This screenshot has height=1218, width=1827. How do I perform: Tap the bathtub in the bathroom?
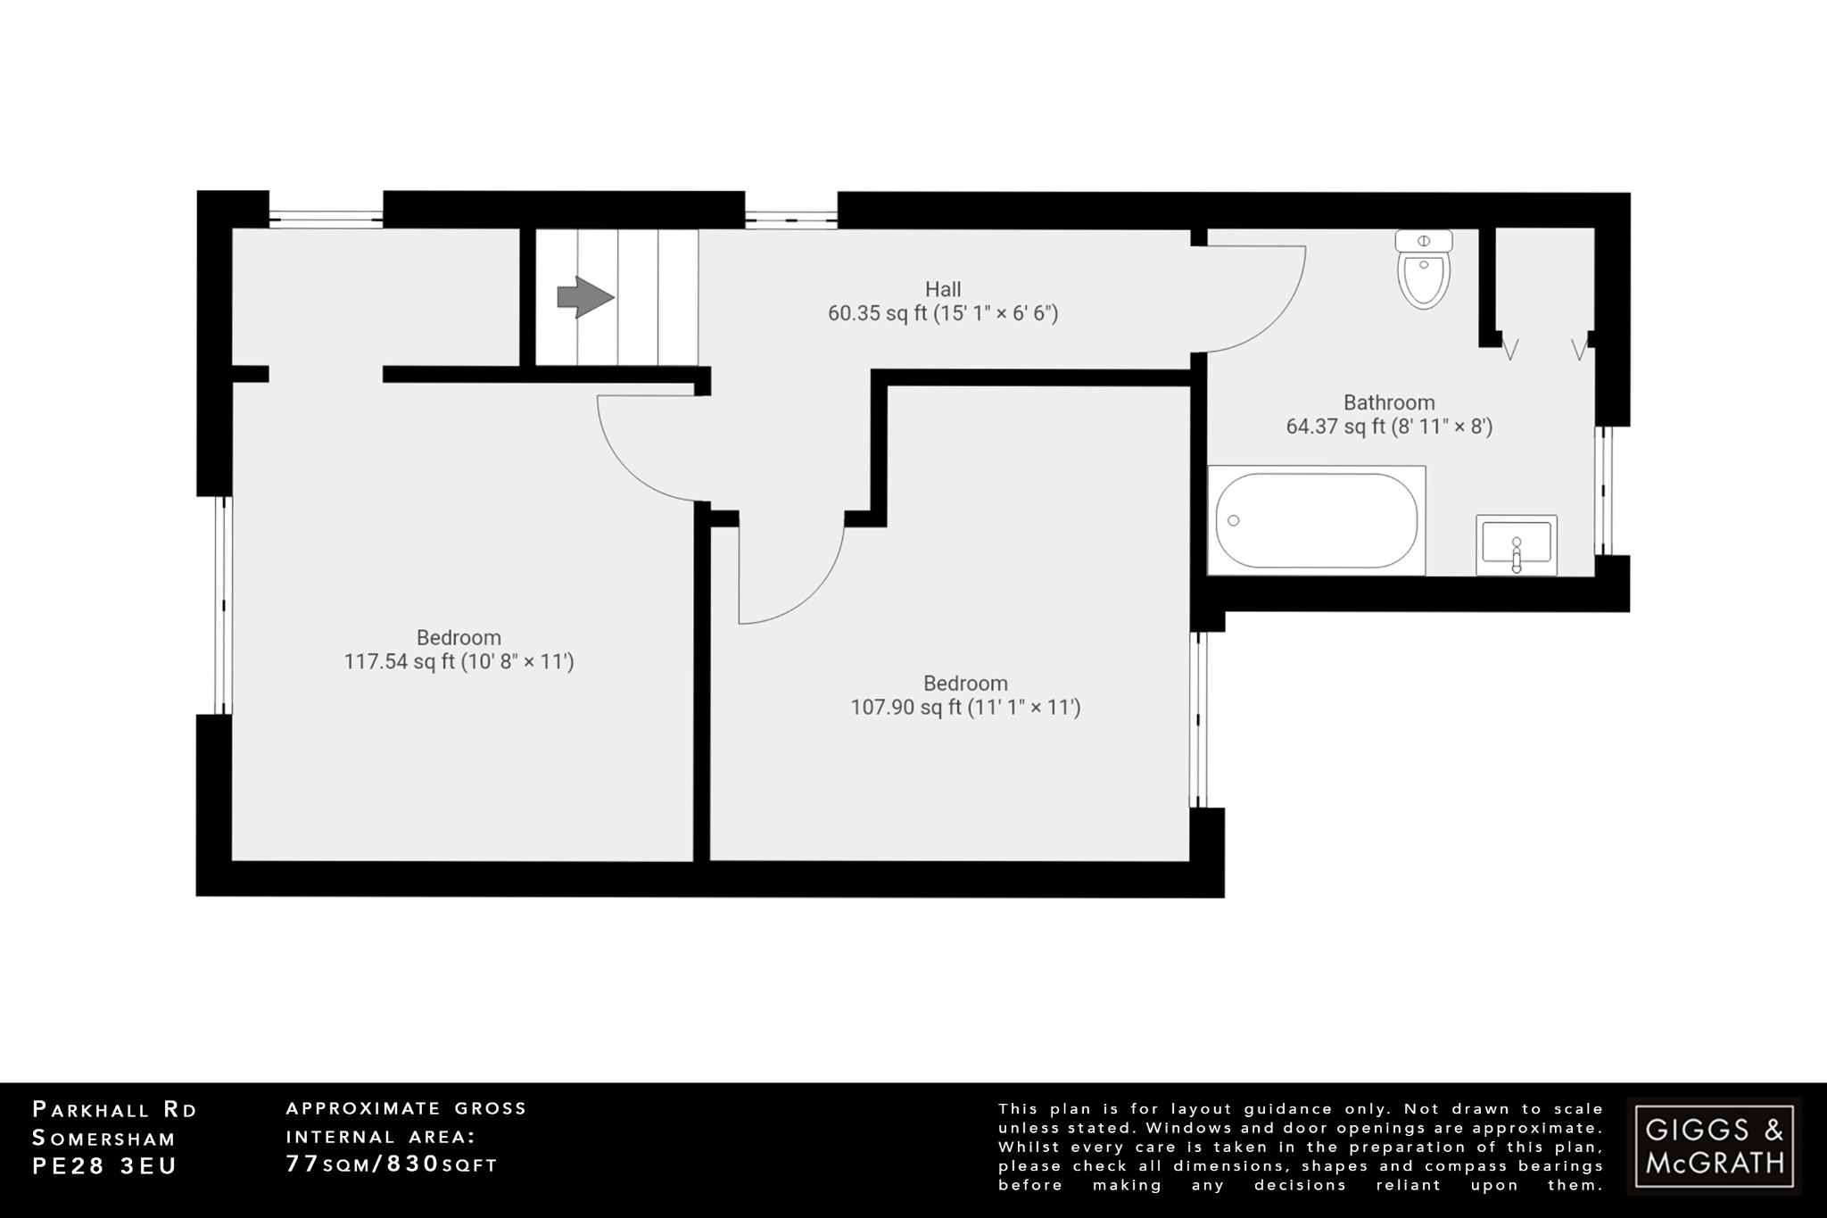pyautogui.click(x=1316, y=520)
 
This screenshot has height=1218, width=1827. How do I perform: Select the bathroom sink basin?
pyautogui.click(x=1516, y=543)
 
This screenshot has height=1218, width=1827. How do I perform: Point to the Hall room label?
pyautogui.click(x=943, y=289)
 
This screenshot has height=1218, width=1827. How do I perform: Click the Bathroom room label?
pyautogui.click(x=1389, y=402)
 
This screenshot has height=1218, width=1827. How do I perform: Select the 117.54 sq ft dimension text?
pyautogui.click(x=459, y=662)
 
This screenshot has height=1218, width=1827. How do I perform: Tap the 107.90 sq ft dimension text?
pyautogui.click(x=965, y=708)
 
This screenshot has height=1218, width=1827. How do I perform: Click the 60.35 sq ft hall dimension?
pyautogui.click(x=943, y=313)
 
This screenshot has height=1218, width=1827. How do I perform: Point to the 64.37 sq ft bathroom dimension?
pyautogui.click(x=1389, y=427)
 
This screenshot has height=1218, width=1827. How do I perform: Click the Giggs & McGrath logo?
pyautogui.click(x=1714, y=1146)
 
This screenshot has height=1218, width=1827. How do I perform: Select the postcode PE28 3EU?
pyautogui.click(x=104, y=1166)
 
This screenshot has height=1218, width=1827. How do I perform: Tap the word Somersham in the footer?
pyautogui.click(x=104, y=1139)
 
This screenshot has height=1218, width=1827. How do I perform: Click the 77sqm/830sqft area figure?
pyautogui.click(x=392, y=1164)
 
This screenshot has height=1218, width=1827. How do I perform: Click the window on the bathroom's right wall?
pyautogui.click(x=1604, y=491)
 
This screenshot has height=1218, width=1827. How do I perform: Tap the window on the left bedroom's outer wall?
pyautogui.click(x=223, y=605)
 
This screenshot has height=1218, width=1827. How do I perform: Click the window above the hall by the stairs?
pyautogui.click(x=790, y=216)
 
